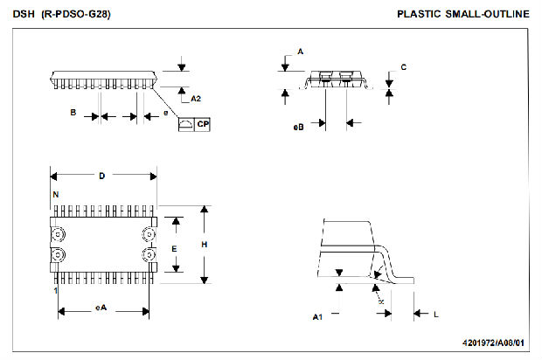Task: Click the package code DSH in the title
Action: (23, 14)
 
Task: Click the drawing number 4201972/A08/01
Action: (495, 343)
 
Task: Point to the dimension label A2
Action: (196, 99)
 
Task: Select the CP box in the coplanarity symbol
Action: (202, 125)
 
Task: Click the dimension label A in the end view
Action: (300, 52)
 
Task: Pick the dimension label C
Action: (403, 67)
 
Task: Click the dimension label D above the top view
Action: (101, 176)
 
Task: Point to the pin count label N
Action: (55, 193)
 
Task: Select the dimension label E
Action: (174, 248)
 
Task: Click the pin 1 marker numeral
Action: (55, 289)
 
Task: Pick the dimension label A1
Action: (318, 317)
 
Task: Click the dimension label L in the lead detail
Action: (435, 312)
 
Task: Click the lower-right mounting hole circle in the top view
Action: (147, 254)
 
